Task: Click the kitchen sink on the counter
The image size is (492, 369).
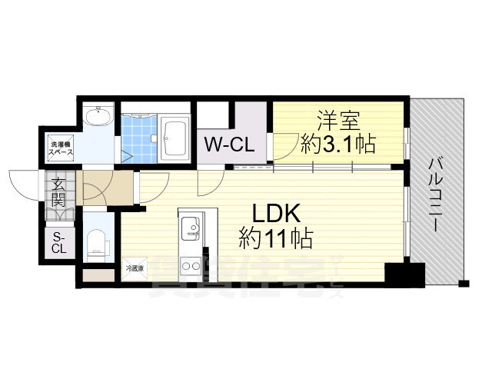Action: tap(191, 229)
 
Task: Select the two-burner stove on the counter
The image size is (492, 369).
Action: tap(190, 268)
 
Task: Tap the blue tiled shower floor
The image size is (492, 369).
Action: tap(139, 139)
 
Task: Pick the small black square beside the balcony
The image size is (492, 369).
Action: tap(463, 283)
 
